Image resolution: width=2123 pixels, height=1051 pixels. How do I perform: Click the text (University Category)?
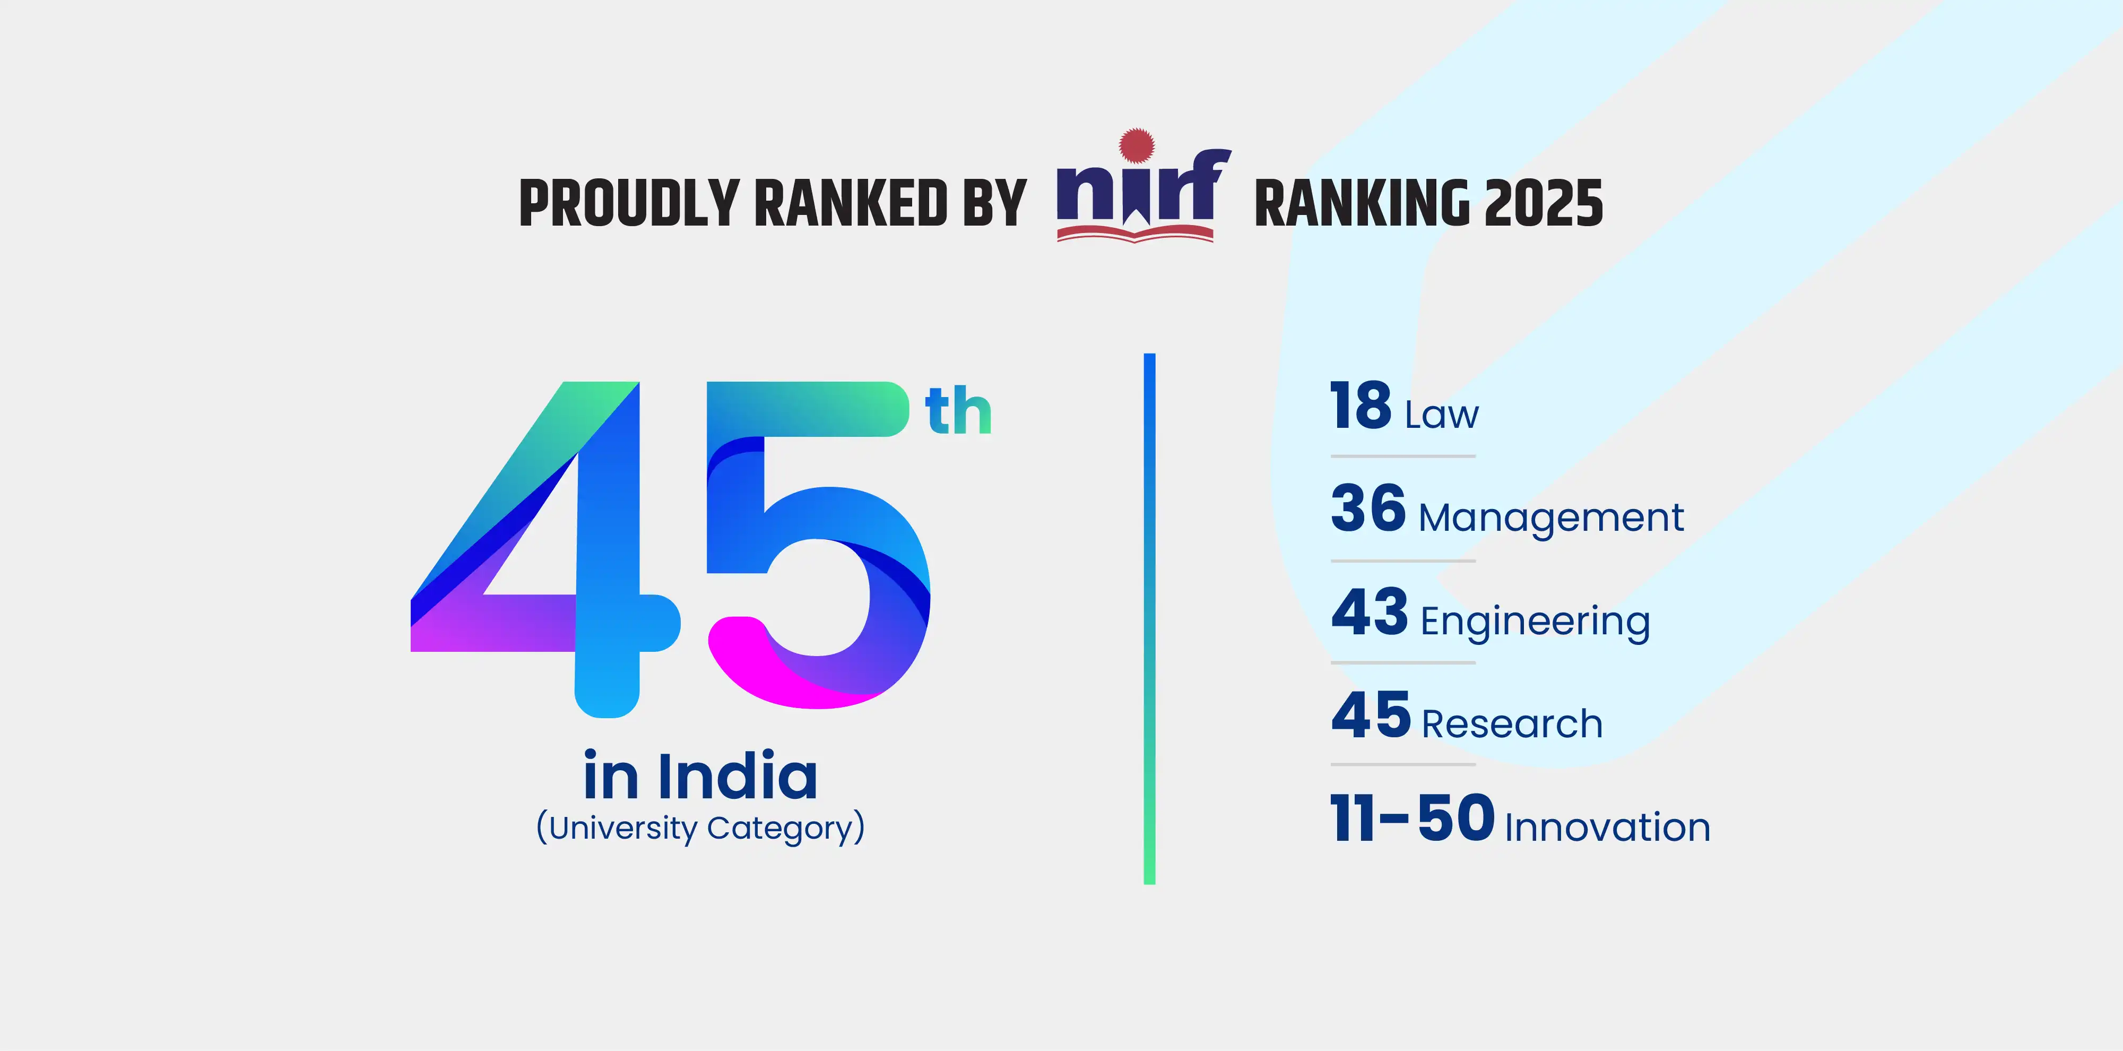pyautogui.click(x=700, y=828)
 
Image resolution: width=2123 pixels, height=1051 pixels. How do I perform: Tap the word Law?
pyautogui.click(x=1442, y=415)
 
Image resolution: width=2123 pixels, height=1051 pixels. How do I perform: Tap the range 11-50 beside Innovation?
pyautogui.click(x=1412, y=819)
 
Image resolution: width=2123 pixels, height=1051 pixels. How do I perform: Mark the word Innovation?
pyautogui.click(x=1607, y=828)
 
